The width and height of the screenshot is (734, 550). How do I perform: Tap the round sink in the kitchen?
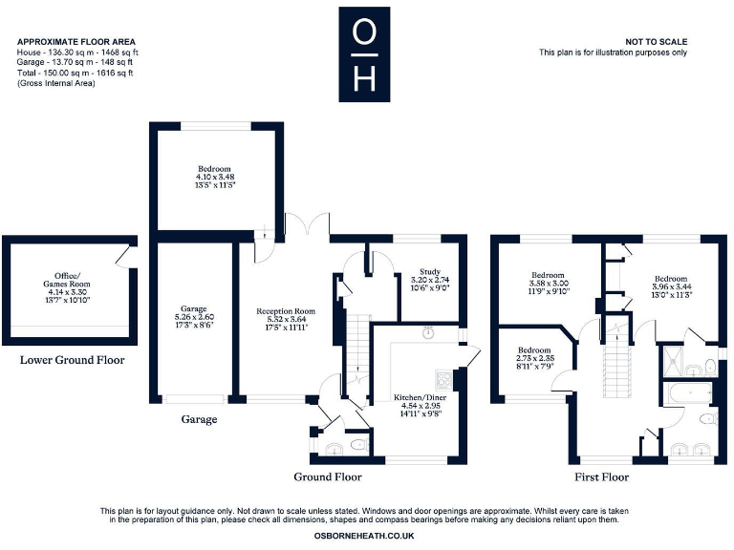[429, 333]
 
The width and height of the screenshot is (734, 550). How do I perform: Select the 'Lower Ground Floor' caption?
[73, 360]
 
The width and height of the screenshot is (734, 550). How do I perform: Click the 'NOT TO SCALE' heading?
[656, 42]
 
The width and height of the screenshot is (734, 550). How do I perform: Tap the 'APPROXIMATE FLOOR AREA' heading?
[76, 42]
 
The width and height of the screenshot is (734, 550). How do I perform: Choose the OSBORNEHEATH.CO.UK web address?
[363, 537]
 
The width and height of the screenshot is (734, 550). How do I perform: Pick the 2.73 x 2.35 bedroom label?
[535, 356]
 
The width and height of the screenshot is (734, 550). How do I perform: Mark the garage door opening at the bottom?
[195, 399]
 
